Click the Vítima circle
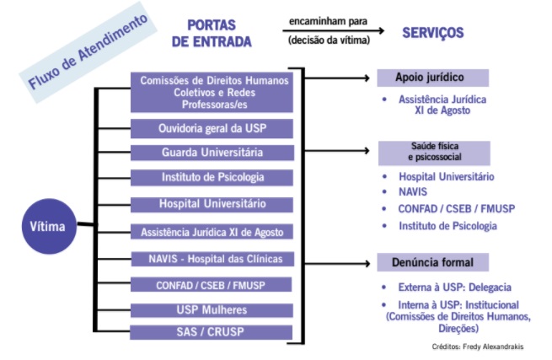coord(49,226)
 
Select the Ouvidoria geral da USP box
coord(212,128)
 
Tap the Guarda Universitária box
coord(212,153)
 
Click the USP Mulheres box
coord(212,310)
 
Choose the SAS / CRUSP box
coord(212,332)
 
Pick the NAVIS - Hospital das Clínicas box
coord(212,259)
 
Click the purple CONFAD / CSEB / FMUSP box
coord(212,285)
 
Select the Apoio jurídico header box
coord(433,78)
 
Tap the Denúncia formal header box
coord(433,262)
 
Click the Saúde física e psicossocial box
coord(434,153)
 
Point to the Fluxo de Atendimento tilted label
coord(88,52)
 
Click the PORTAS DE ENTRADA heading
coord(212,34)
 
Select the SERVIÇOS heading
coord(433,33)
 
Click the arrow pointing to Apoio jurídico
coord(337,78)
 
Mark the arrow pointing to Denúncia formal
coord(337,263)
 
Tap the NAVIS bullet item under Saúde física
coord(413,192)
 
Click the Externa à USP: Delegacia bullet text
coord(454,287)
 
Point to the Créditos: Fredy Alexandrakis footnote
coord(478,347)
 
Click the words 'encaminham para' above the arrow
coord(328,21)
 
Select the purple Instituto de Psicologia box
coord(212,177)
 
